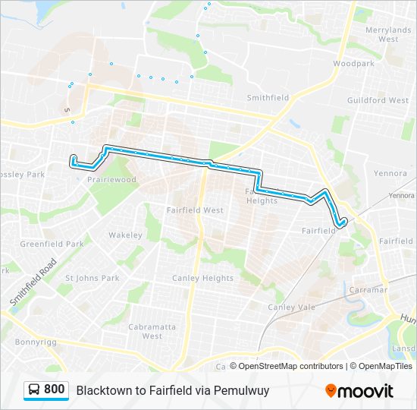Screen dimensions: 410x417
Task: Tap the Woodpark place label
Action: click(x=353, y=64)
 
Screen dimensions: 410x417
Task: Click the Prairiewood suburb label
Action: click(x=111, y=180)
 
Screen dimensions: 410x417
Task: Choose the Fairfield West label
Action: click(x=195, y=210)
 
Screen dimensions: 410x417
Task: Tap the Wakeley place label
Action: click(x=125, y=235)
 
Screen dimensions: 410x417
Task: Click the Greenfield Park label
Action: click(x=52, y=244)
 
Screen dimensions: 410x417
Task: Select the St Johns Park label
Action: click(x=92, y=278)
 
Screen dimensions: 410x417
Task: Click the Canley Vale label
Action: click(x=291, y=307)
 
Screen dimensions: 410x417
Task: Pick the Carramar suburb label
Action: click(x=368, y=290)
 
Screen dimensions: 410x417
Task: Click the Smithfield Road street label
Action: click(x=33, y=282)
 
